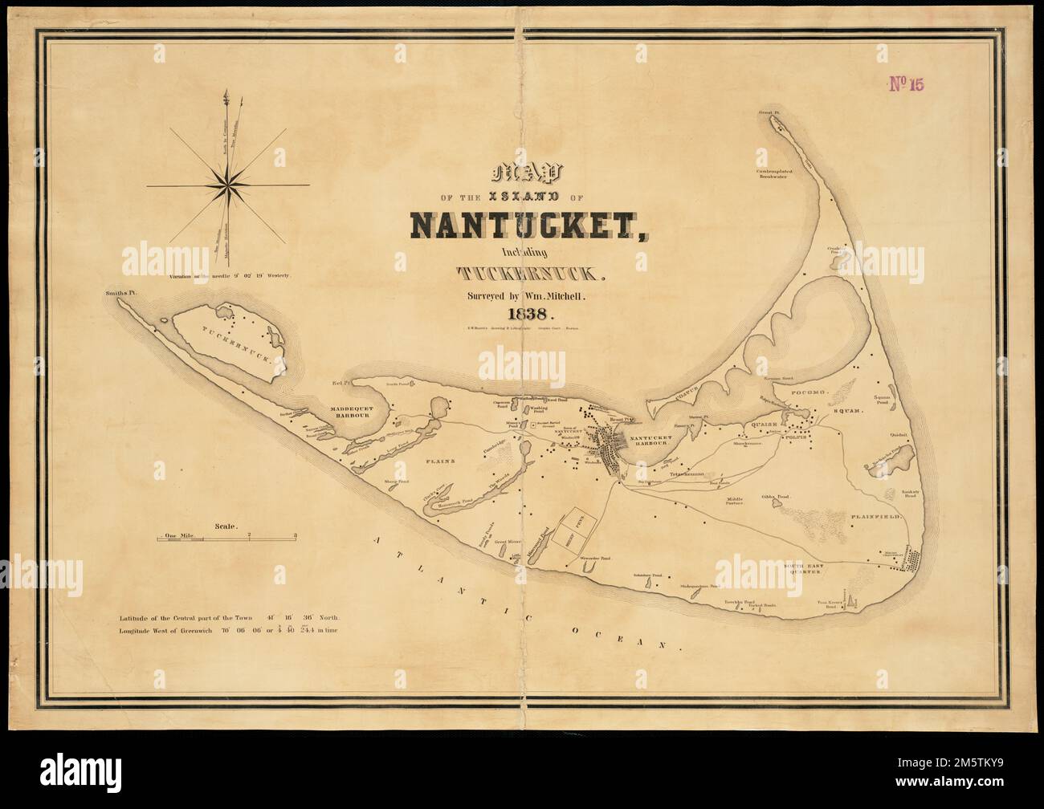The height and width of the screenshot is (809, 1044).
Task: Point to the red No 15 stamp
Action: pyautogui.click(x=907, y=85)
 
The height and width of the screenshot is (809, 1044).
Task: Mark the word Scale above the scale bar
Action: pyautogui.click(x=226, y=526)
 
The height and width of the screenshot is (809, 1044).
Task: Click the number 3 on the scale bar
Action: pyautogui.click(x=296, y=534)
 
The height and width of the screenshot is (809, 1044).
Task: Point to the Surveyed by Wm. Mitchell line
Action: pyautogui.click(x=525, y=295)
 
